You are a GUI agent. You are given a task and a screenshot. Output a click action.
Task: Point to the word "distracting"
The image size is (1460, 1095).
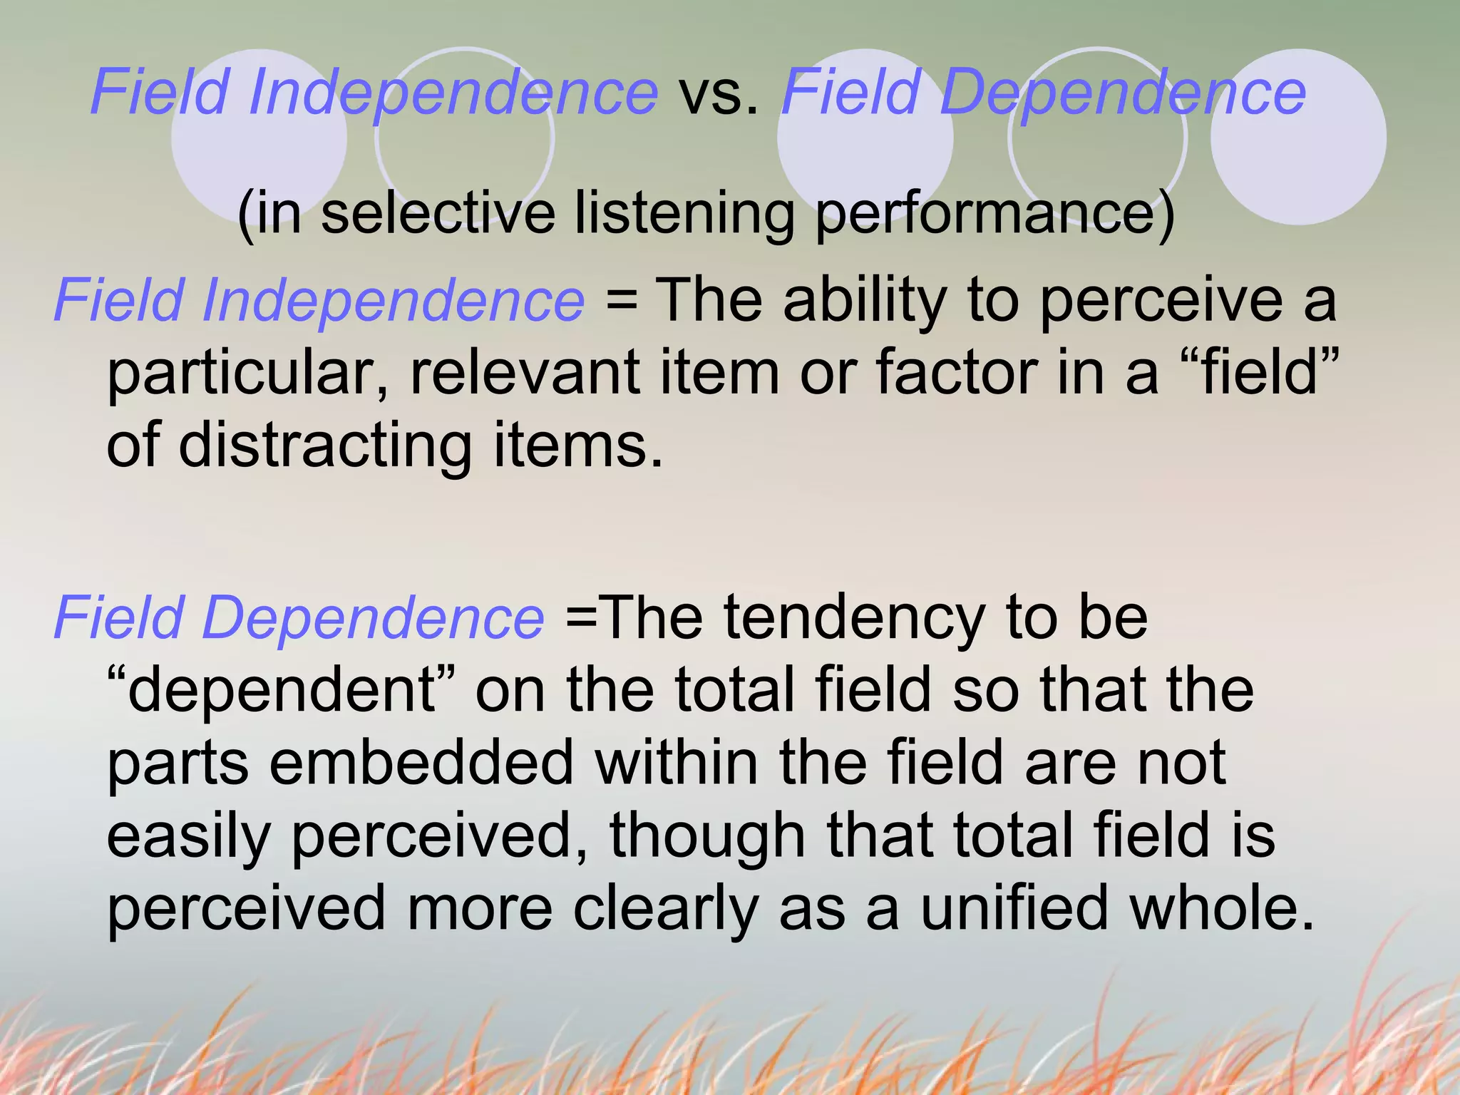click(325, 445)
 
